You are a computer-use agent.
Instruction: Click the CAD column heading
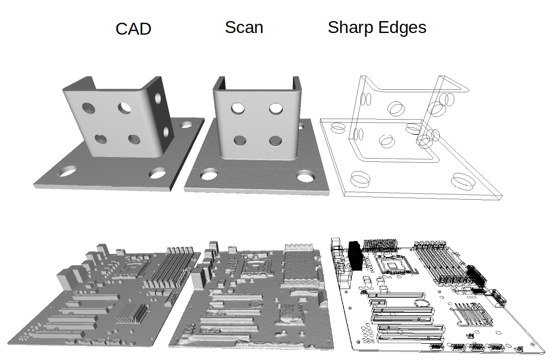coord(133,29)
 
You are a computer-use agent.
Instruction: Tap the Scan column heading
coord(244,27)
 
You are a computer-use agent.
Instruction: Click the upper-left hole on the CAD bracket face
coord(88,108)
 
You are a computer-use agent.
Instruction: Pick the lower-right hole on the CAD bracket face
coord(134,140)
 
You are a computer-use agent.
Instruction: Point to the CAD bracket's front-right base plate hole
coord(158,173)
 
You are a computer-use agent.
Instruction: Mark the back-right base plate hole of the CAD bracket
coord(187,125)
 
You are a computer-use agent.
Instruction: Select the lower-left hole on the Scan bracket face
coord(239,141)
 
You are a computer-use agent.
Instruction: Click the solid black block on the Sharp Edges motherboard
coord(355,254)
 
